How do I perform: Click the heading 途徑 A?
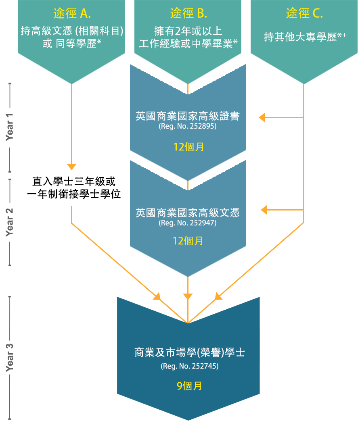click(x=72, y=13)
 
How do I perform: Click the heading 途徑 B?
click(x=188, y=13)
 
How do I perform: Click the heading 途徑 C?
click(x=304, y=13)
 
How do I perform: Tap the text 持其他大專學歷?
click(x=300, y=37)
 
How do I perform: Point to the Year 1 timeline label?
click(x=9, y=127)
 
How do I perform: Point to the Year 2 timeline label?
click(x=9, y=222)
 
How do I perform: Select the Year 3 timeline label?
click(x=9, y=357)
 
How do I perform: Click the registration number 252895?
click(x=202, y=126)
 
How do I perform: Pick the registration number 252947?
click(x=202, y=223)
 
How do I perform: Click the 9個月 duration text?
click(x=189, y=386)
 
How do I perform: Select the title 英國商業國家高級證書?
click(x=188, y=116)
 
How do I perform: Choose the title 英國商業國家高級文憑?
click(x=188, y=213)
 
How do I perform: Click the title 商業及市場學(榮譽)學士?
click(x=190, y=352)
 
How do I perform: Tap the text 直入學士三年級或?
click(x=74, y=181)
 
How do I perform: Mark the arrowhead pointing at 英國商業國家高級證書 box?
click(x=262, y=118)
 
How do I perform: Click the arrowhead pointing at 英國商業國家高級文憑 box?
click(x=264, y=210)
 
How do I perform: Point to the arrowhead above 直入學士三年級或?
click(x=71, y=167)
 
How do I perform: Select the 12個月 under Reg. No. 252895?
click(x=188, y=147)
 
